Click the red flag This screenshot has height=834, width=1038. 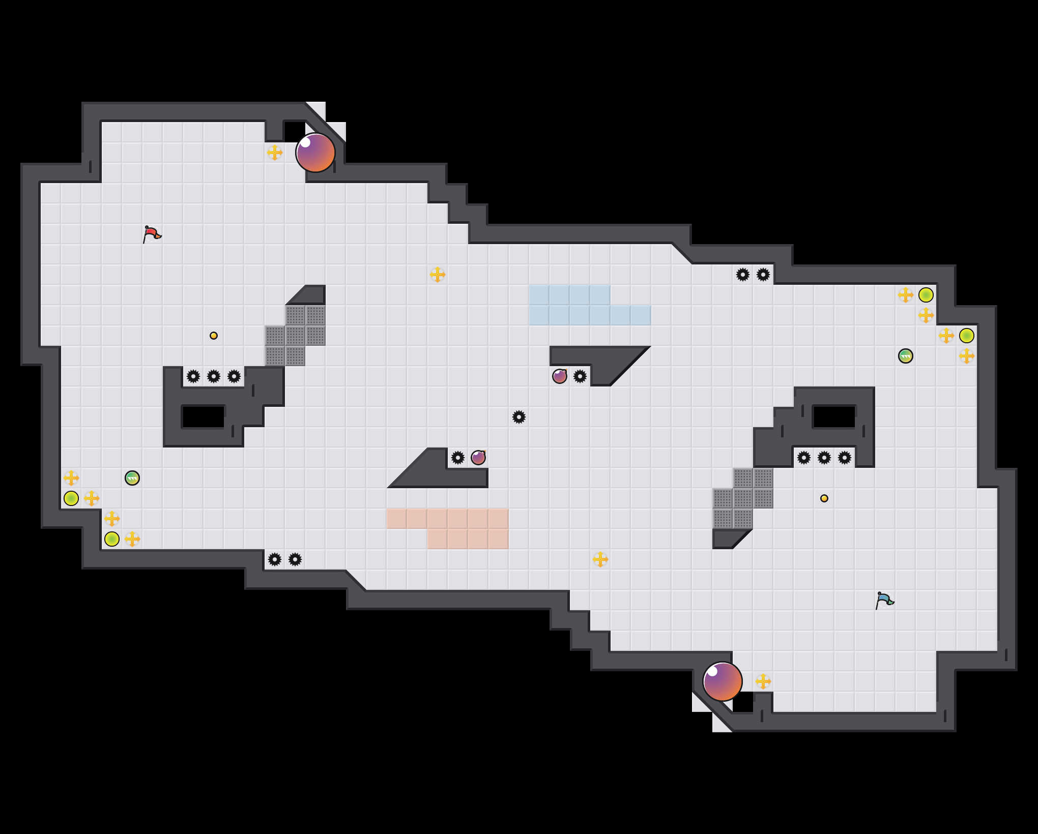[151, 234]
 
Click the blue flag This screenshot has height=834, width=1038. [884, 600]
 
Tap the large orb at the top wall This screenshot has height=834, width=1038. [315, 153]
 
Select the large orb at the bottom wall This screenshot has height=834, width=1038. [723, 681]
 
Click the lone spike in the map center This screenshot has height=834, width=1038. [519, 417]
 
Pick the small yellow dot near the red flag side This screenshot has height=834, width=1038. [214, 336]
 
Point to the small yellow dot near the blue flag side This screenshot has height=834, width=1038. [824, 498]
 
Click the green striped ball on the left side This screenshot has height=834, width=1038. [132, 478]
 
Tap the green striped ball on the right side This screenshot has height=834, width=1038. [906, 356]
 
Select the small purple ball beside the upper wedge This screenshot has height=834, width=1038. [560, 376]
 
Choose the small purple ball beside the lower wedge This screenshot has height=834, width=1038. [478, 458]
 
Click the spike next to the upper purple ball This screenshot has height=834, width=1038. [580, 376]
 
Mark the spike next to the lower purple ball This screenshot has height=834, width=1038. [458, 458]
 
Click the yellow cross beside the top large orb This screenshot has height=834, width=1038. [275, 153]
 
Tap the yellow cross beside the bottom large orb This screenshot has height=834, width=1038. [763, 681]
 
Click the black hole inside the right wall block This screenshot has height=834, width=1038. [834, 417]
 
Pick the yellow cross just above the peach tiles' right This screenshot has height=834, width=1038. [600, 559]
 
